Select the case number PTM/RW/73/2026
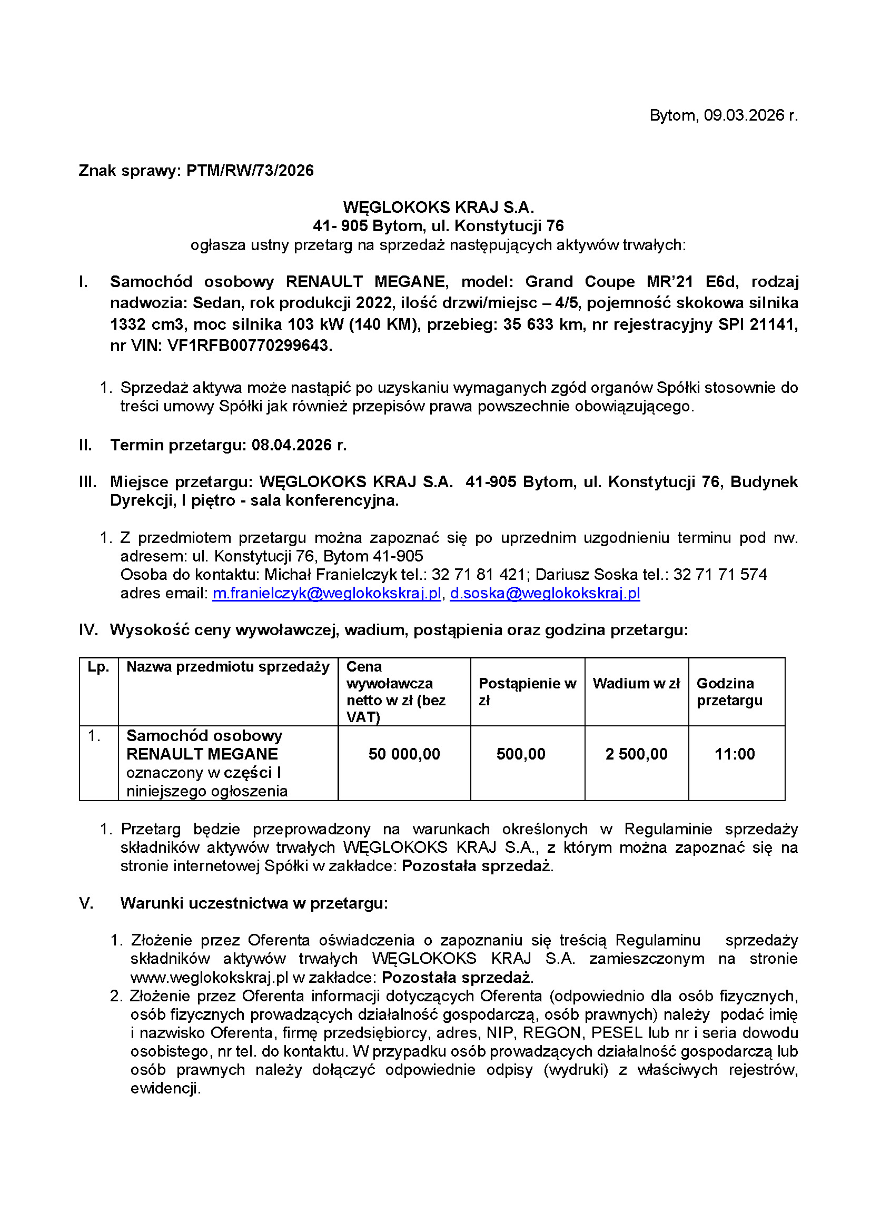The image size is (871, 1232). coord(250,171)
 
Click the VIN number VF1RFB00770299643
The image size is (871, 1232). coord(249,346)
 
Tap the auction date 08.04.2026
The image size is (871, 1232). coord(292,445)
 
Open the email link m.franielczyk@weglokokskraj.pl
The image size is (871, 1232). coord(326,593)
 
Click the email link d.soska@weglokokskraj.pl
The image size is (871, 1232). coord(545,593)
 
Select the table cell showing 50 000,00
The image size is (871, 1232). coord(404,754)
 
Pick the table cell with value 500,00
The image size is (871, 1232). coord(521,754)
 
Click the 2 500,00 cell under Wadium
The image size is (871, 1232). coord(636,754)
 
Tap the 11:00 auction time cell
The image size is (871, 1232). coord(734,754)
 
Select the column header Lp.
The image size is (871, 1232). coord(98,667)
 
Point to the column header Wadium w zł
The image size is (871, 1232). coord(636,684)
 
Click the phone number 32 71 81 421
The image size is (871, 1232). coord(478,575)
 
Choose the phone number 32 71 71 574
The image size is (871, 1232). coord(720,575)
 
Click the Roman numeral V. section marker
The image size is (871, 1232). coord(86,903)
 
